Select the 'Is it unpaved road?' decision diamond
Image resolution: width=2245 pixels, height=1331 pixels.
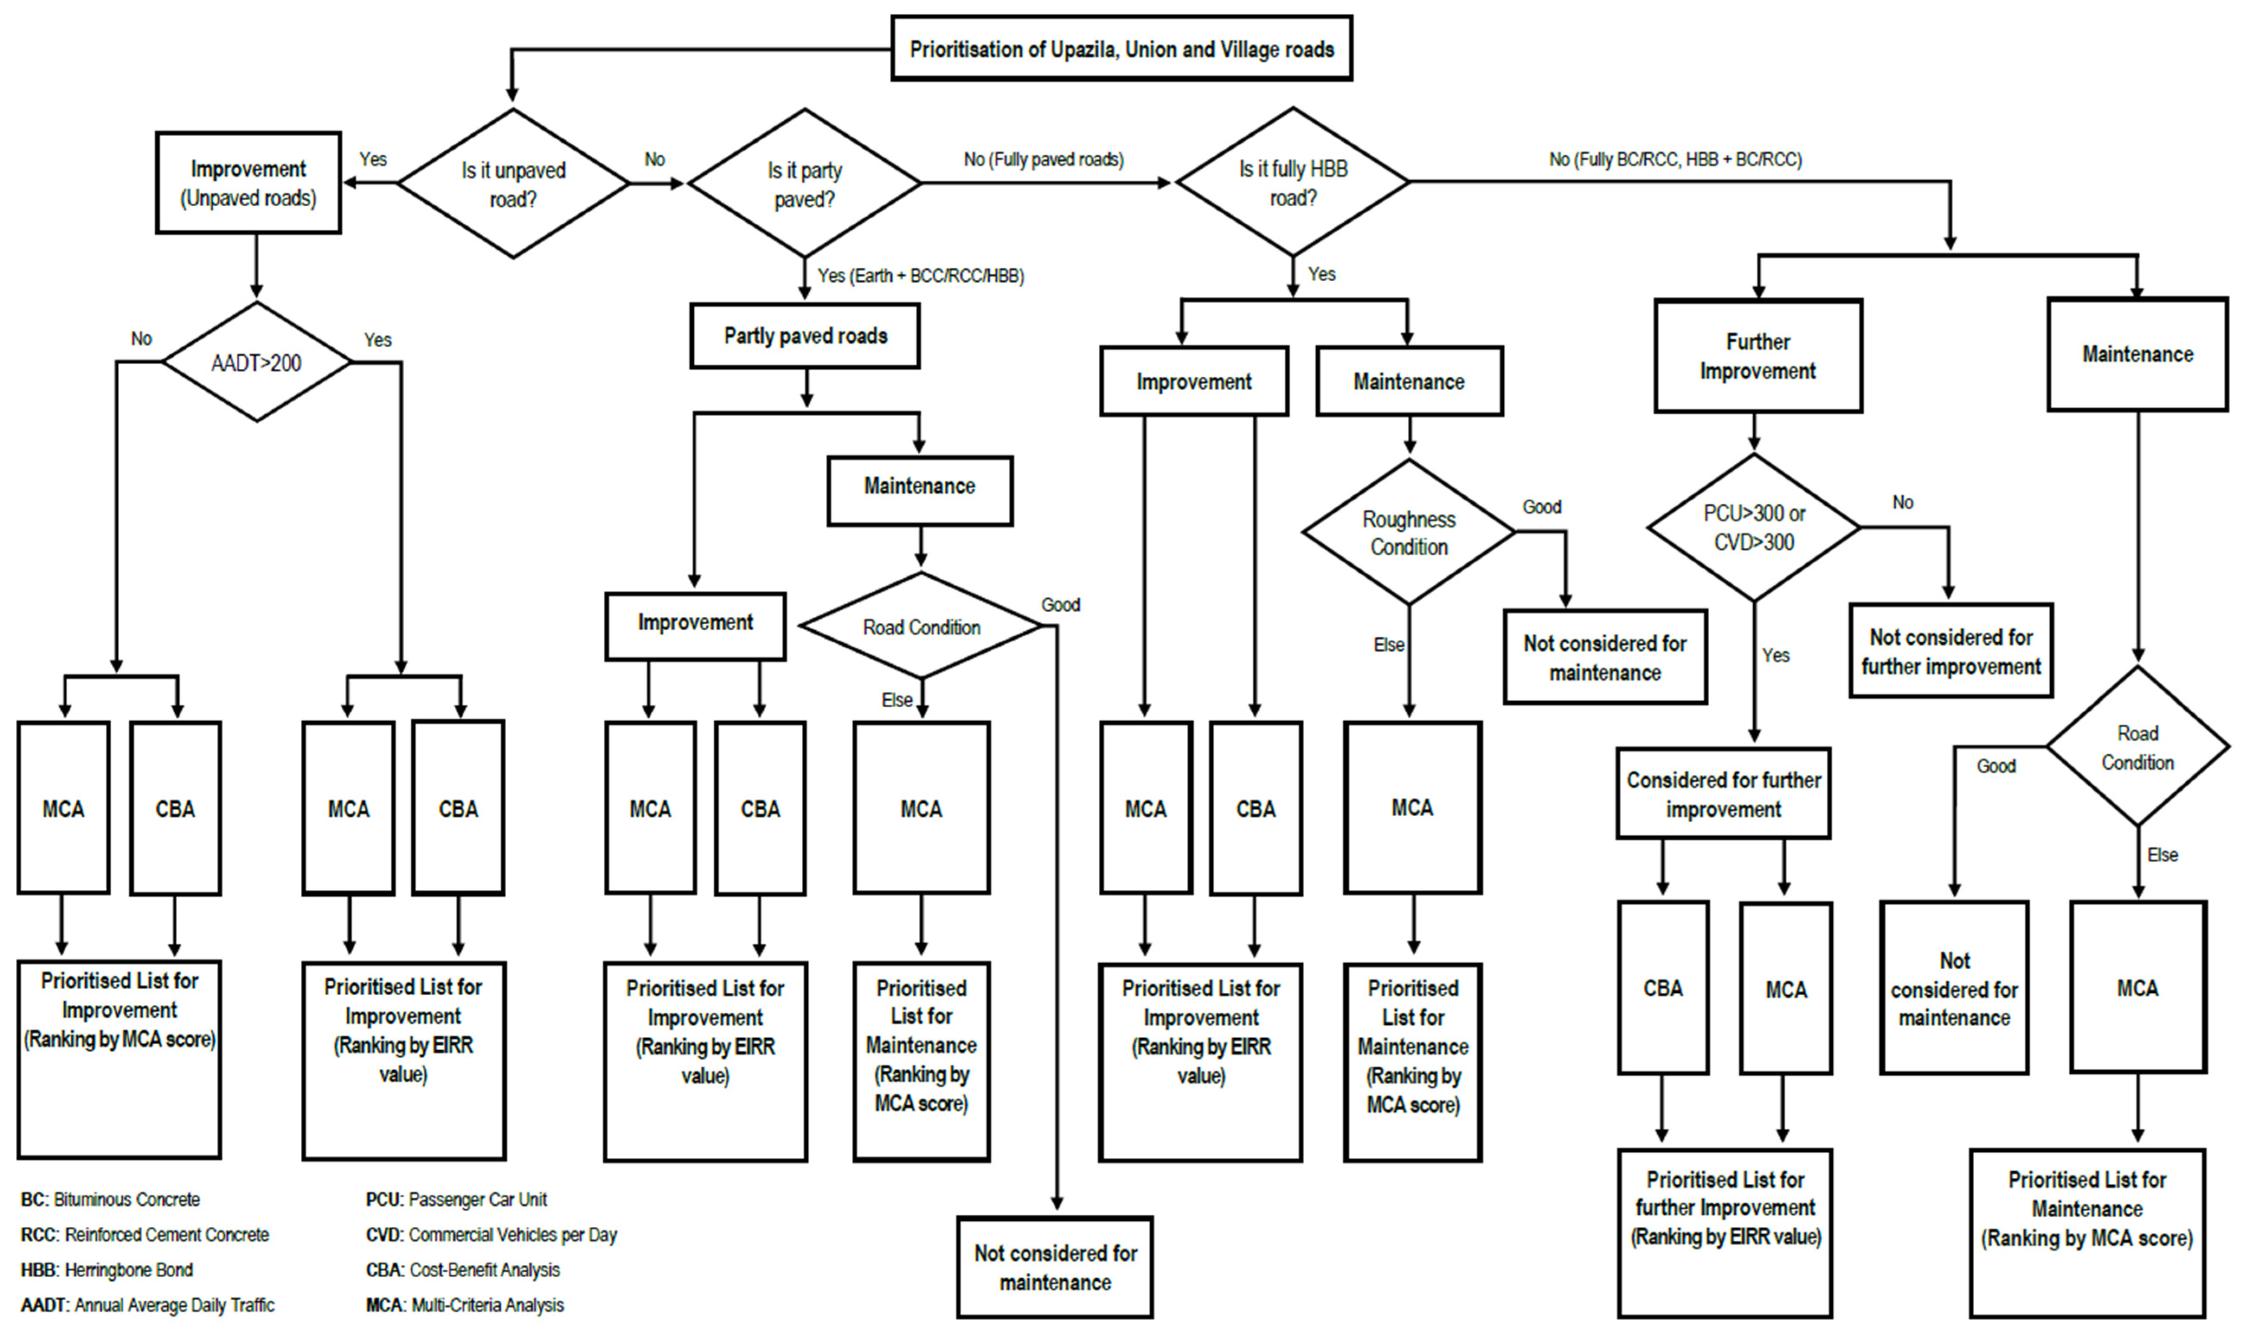513,184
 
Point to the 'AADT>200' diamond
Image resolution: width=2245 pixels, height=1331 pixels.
257,362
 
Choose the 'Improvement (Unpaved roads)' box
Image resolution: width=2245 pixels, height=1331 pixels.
248,183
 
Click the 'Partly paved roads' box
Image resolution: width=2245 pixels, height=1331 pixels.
805,335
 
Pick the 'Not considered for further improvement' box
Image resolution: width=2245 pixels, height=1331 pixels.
1951,651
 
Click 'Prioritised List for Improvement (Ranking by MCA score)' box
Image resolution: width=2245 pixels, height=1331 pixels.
119,1058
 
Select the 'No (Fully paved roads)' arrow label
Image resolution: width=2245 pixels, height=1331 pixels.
1044,160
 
